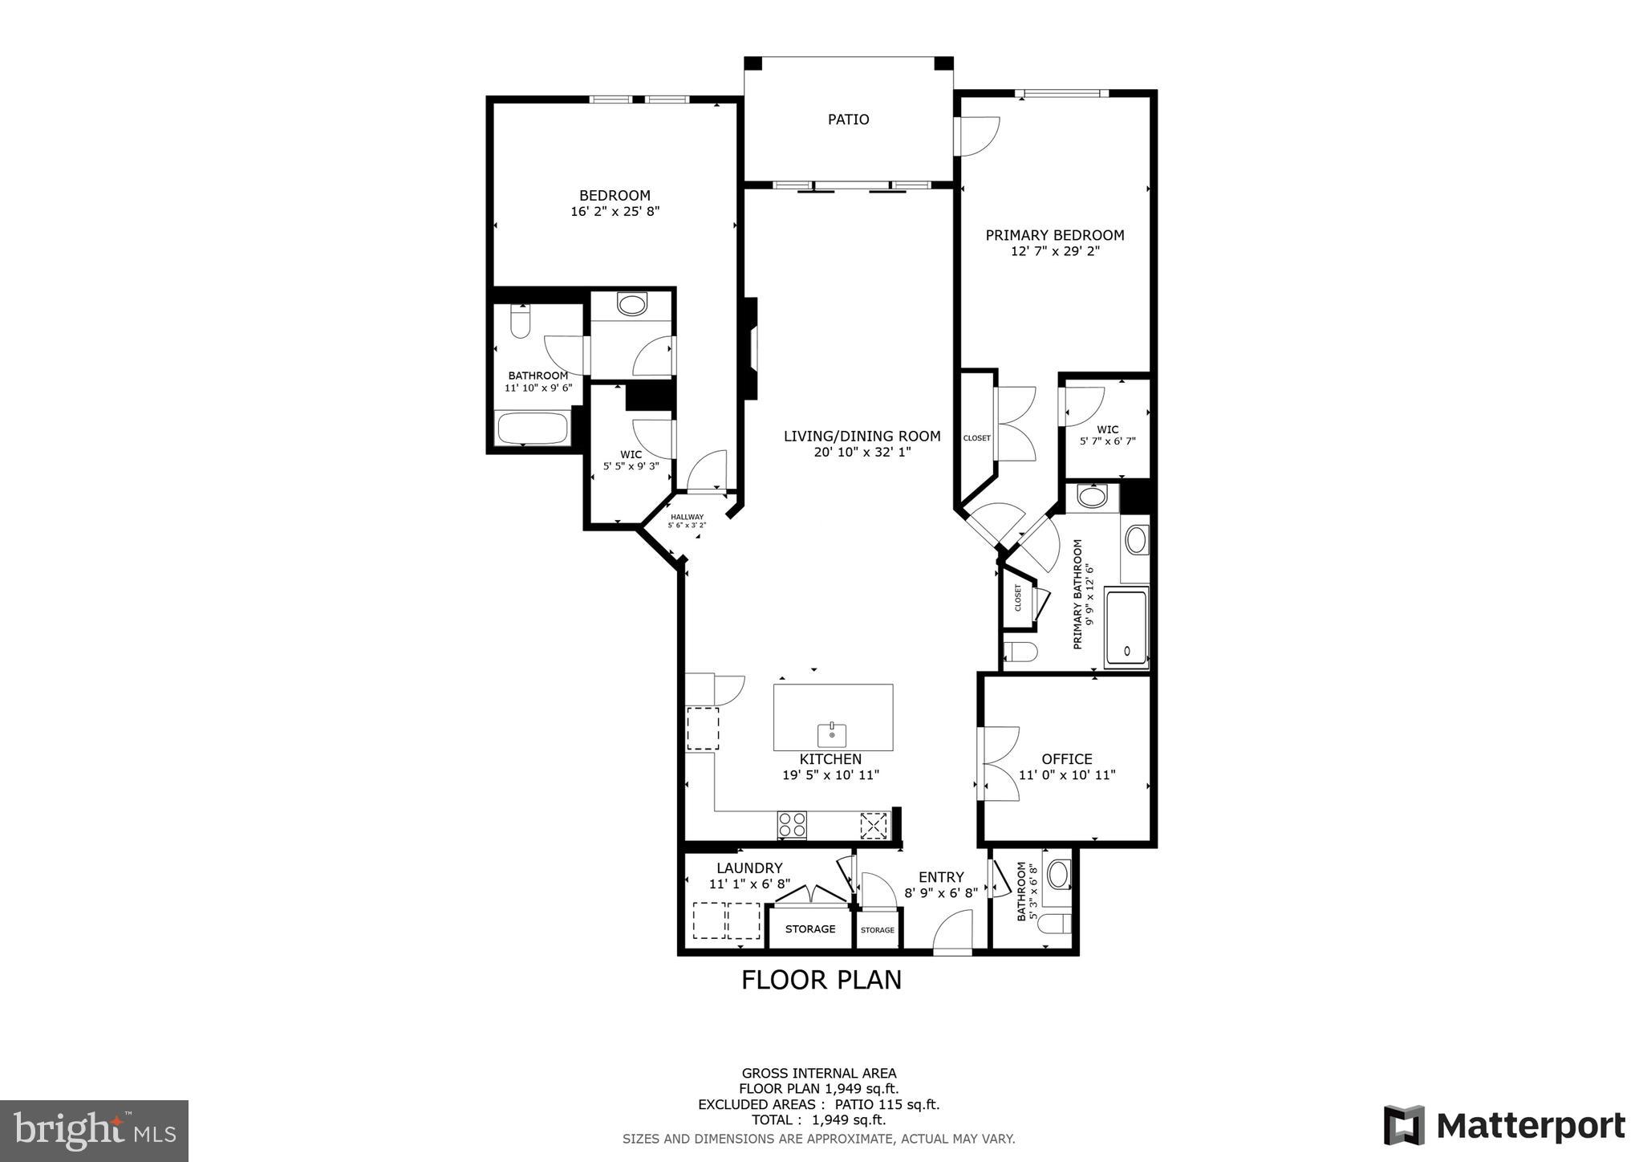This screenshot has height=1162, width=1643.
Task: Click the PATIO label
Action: pyautogui.click(x=848, y=120)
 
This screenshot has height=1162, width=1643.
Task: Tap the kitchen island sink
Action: pyautogui.click(x=833, y=733)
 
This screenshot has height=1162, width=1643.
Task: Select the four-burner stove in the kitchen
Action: pyautogui.click(x=792, y=825)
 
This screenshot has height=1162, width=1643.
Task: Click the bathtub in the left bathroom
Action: pyautogui.click(x=533, y=428)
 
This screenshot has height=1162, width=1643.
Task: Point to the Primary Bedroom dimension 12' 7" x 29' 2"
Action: pyautogui.click(x=1054, y=251)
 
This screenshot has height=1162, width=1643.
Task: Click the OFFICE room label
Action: pyautogui.click(x=1066, y=758)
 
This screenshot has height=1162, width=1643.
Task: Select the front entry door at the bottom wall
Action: pyautogui.click(x=953, y=934)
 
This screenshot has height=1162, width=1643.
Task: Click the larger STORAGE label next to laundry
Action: pyautogui.click(x=809, y=928)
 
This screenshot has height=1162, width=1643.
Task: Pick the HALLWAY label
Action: pyautogui.click(x=687, y=517)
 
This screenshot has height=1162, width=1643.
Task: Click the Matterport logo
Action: pyautogui.click(x=1504, y=1126)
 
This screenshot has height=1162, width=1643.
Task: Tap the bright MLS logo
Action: pyautogui.click(x=95, y=1131)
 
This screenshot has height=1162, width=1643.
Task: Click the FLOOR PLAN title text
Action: pyautogui.click(x=821, y=980)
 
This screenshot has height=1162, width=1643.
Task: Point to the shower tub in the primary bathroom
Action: pyautogui.click(x=1126, y=628)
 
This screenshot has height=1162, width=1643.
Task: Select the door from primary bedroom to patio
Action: pyautogui.click(x=977, y=136)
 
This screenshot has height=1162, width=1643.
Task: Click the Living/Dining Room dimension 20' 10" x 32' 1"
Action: pyautogui.click(x=862, y=452)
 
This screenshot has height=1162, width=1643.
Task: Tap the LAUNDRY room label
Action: pyautogui.click(x=749, y=867)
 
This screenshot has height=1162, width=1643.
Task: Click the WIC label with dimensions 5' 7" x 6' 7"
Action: pyautogui.click(x=1107, y=435)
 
